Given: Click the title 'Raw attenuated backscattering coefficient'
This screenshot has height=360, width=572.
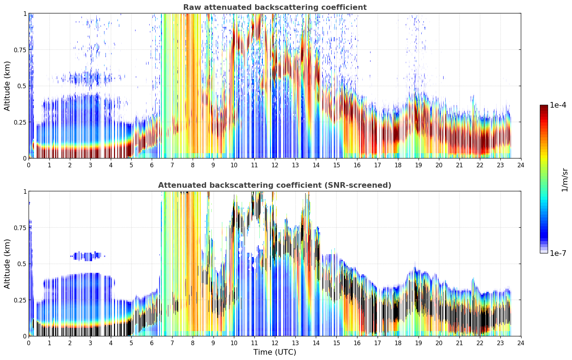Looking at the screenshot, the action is click(x=275, y=7).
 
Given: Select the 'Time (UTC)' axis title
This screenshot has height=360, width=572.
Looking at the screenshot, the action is click(x=275, y=352).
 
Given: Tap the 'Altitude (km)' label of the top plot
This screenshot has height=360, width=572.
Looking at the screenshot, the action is click(x=7, y=86).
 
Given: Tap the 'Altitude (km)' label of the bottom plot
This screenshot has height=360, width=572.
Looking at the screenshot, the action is click(x=7, y=264).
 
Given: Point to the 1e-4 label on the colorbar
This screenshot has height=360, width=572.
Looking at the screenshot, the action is click(x=558, y=105).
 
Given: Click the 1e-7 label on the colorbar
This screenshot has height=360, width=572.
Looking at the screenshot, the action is click(x=558, y=253).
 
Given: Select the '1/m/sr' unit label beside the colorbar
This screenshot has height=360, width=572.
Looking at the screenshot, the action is click(x=565, y=180).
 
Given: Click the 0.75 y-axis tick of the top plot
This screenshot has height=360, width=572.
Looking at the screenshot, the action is click(x=20, y=50).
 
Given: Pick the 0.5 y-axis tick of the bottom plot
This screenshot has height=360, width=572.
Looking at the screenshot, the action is click(x=22, y=264).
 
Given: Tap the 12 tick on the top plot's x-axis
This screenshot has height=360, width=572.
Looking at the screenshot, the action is click(x=275, y=165).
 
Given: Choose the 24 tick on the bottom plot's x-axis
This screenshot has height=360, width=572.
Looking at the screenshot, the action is click(x=521, y=343).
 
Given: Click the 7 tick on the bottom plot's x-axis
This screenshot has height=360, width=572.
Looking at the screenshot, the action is click(x=172, y=343).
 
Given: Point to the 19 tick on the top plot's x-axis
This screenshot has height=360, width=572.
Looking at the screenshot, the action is click(x=418, y=165).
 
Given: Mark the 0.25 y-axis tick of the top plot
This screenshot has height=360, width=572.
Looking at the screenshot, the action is click(x=20, y=122).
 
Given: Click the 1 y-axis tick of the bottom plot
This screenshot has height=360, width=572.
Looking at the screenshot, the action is click(x=25, y=192).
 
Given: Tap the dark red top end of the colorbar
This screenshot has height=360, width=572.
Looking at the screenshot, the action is click(x=544, y=107).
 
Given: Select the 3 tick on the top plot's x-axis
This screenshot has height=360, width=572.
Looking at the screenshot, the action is click(x=90, y=165).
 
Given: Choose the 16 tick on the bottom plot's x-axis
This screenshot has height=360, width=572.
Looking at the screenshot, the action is click(x=357, y=343).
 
